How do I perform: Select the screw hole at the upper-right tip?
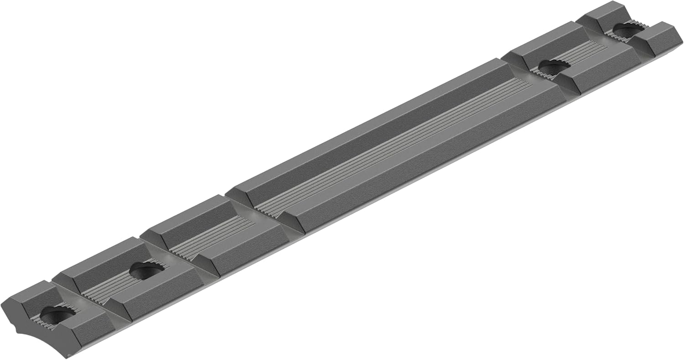tap(628, 30)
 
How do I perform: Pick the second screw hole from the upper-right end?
tap(553, 68)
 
